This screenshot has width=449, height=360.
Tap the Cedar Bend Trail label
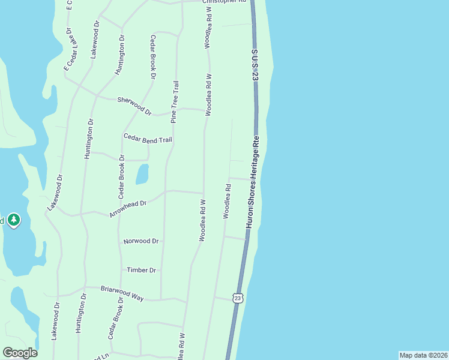click(x=148, y=139)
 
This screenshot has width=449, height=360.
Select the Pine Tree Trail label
click(x=175, y=102)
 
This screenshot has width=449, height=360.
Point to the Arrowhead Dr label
click(x=128, y=209)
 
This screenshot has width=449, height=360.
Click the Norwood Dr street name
click(x=140, y=241)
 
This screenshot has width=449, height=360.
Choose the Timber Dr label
click(x=141, y=270)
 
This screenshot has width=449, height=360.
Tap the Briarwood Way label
click(x=122, y=292)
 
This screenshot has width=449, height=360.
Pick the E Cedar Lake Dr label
click(x=67, y=49)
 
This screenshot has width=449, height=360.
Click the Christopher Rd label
click(x=224, y=2)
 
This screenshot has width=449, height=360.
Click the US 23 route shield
click(x=238, y=298)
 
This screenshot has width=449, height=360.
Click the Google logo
click(x=20, y=353)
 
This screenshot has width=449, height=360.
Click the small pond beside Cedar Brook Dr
click(x=142, y=175)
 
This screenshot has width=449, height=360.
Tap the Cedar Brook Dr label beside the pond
click(x=121, y=176)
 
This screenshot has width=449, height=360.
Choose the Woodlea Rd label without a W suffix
click(x=228, y=201)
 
